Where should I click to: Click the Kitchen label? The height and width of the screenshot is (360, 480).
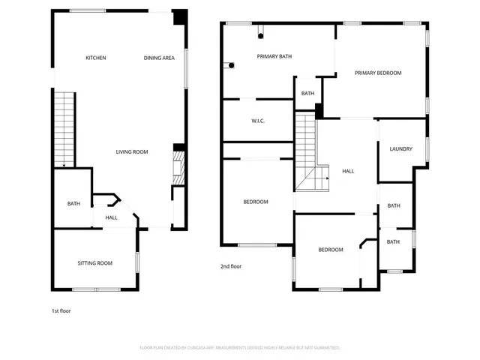click(95, 58)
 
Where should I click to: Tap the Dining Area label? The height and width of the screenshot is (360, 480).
click(159, 58)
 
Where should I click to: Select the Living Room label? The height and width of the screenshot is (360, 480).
click(131, 152)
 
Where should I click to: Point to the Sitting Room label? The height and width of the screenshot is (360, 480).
click(95, 262)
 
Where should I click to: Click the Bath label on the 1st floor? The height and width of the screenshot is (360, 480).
click(73, 203)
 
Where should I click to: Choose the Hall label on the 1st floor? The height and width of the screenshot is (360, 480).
click(111, 217)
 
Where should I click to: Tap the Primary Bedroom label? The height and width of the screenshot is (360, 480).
click(378, 73)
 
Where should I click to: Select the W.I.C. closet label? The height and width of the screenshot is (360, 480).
click(257, 121)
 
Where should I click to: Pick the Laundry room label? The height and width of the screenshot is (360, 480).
click(400, 148)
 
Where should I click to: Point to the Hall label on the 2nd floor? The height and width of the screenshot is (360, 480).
click(348, 171)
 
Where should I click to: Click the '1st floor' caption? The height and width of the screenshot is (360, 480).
click(61, 310)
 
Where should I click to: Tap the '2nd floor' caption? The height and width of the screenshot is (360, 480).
click(231, 266)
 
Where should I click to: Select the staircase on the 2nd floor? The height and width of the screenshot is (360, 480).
click(309, 154)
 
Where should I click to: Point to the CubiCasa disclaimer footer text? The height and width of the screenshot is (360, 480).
click(240, 347)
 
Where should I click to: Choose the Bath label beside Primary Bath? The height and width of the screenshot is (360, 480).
click(307, 94)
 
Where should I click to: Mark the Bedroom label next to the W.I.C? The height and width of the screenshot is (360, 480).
click(256, 202)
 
